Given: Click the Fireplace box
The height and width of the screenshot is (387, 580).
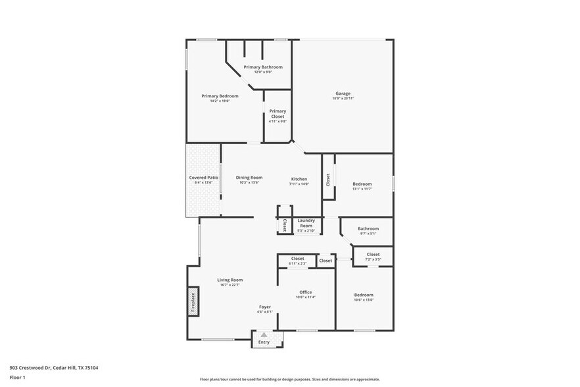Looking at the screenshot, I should coord(193,301).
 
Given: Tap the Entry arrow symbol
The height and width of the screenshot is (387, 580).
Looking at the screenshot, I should coord(264,335).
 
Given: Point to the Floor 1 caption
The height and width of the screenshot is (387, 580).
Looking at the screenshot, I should coord(17,378).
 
